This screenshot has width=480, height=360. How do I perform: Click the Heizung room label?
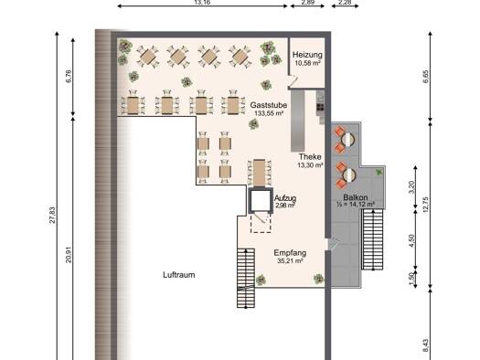(307, 55)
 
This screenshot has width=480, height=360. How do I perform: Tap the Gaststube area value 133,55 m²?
(269, 113)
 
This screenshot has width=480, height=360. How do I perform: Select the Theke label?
(310, 156)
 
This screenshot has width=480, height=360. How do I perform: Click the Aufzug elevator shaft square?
(261, 200)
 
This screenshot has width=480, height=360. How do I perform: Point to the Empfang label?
(290, 253)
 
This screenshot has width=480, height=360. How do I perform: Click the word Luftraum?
(179, 275)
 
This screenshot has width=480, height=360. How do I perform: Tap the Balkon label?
(355, 197)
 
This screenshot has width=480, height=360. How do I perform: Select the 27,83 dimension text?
(52, 215)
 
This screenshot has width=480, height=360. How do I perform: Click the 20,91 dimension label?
(69, 255)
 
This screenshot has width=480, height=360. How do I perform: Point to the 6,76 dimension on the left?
(69, 76)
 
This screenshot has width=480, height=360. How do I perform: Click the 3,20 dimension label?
(411, 187)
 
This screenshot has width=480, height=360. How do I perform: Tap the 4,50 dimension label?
(411, 240)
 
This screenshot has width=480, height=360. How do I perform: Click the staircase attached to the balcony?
(372, 239)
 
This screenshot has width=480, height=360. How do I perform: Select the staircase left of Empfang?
(246, 278)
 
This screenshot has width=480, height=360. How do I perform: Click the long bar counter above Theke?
(297, 121)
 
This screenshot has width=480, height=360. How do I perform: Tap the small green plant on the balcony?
(379, 172)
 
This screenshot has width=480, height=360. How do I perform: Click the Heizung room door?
(293, 81)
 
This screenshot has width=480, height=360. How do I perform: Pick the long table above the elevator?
(259, 173)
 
